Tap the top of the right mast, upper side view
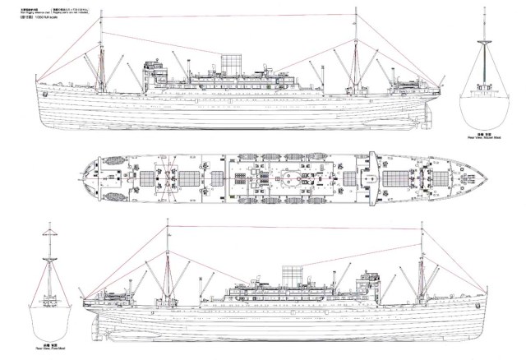pyautogui.click(x=355, y=10)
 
